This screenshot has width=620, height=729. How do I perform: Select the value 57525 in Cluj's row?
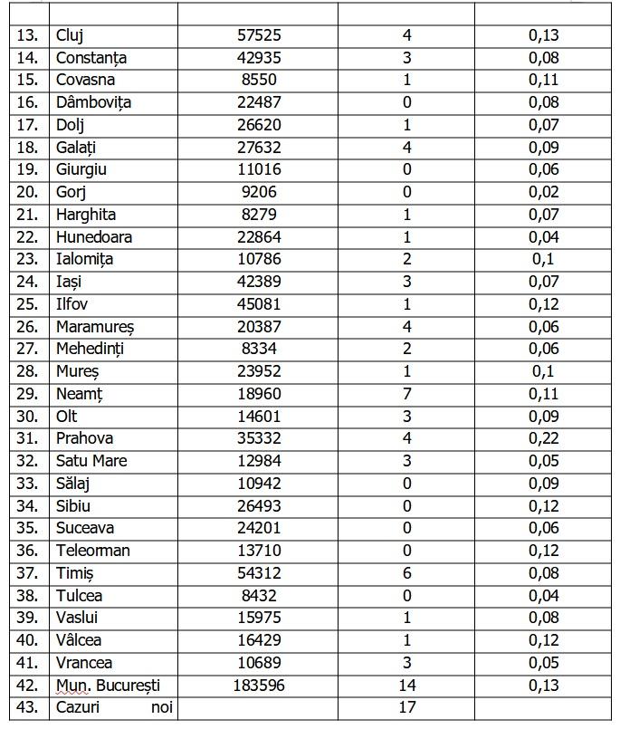pyautogui.click(x=258, y=35)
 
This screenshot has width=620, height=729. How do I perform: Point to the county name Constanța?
pyautogui.click(x=91, y=58)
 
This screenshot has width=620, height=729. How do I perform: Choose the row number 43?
pyautogui.click(x=28, y=707)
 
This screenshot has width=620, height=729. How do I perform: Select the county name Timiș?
pyautogui.click(x=75, y=573)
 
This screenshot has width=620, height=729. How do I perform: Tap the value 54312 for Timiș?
pyautogui.click(x=258, y=573)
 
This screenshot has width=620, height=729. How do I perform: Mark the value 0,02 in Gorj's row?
pyautogui.click(x=544, y=192)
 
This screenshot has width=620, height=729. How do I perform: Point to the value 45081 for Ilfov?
pyautogui.click(x=258, y=304)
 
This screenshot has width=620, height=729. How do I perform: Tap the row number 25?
pyautogui.click(x=28, y=304)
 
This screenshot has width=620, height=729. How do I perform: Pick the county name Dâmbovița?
pyautogui.click(x=93, y=102)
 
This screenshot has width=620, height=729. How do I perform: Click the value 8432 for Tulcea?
pyautogui.click(x=258, y=596)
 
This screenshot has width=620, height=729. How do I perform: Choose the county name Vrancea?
pyautogui.click(x=84, y=663)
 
